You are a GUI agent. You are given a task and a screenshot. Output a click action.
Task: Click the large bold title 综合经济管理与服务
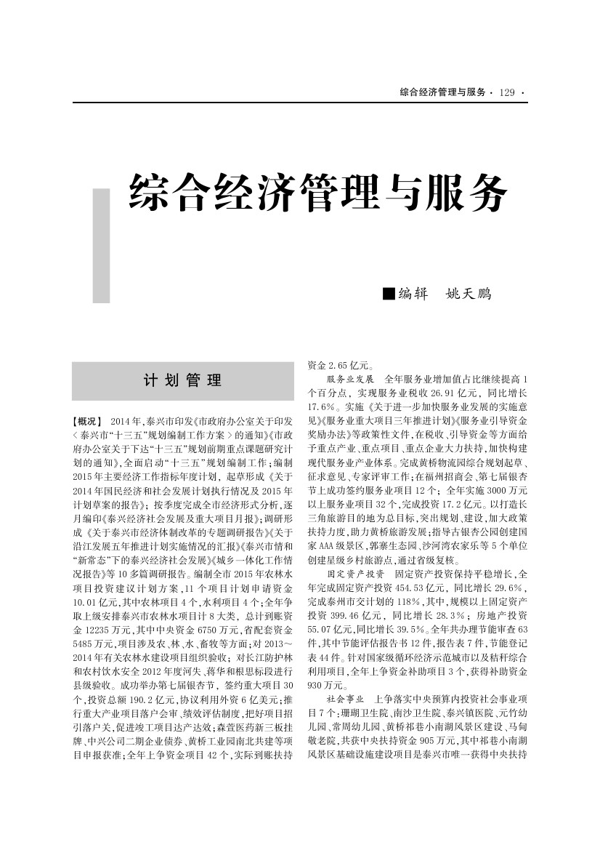(317, 193)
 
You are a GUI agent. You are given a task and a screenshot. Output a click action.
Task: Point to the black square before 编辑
(389, 294)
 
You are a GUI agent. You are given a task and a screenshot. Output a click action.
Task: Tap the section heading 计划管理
(182, 380)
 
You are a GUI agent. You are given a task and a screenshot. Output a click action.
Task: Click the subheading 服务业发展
(350, 380)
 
